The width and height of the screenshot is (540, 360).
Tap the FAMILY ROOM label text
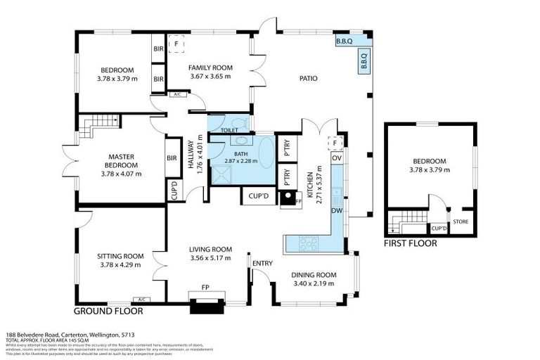[x=210, y=68]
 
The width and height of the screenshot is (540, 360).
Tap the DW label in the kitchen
[x=336, y=210]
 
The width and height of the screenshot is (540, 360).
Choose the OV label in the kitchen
[x=336, y=158]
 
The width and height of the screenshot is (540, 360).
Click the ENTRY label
[x=262, y=264]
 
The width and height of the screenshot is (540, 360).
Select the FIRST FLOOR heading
[x=410, y=243]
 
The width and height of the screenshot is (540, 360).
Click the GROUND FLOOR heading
[x=109, y=310]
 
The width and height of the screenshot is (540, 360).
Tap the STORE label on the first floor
[x=461, y=223]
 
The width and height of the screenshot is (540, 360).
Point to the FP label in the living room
[x=205, y=288]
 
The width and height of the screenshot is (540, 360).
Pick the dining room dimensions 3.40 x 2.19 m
[x=314, y=284]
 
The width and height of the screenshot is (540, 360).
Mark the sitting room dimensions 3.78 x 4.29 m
[x=120, y=265]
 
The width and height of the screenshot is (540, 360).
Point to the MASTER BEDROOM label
[x=121, y=161]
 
